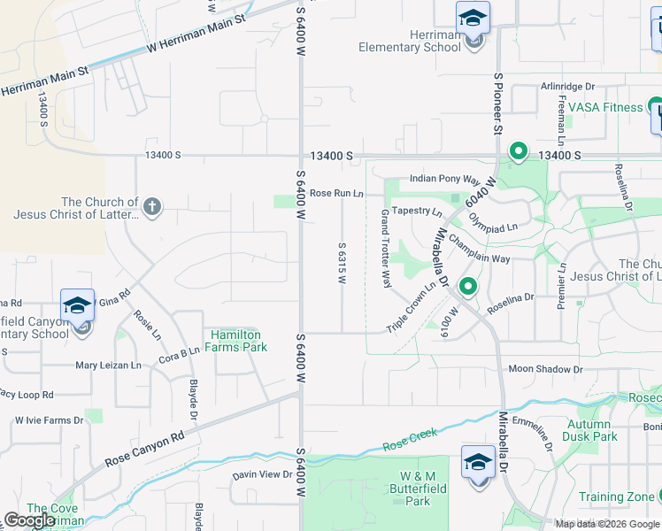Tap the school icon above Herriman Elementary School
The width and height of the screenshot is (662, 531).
473,19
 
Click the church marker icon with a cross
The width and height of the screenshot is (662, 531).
152,208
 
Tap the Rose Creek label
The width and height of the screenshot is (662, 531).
410,439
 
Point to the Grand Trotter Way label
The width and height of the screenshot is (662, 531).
386,249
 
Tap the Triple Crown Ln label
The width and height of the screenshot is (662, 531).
412,307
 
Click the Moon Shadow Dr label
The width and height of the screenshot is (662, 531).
545,369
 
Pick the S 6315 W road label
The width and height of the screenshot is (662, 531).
341,262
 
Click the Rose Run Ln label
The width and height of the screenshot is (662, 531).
336,193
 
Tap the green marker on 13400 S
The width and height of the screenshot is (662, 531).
519,152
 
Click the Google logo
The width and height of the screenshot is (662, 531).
29,519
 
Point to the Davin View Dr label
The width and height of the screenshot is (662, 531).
262,475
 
